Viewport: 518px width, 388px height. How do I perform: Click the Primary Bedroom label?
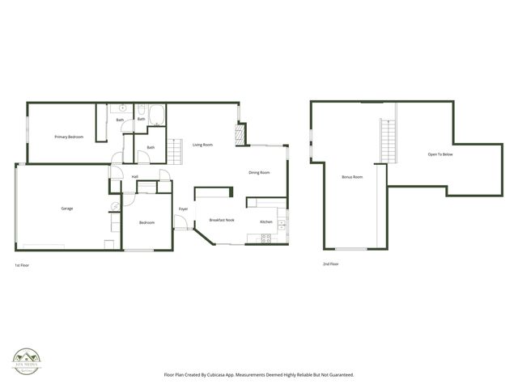tap(69, 137)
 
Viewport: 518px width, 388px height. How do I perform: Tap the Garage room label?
tap(67, 209)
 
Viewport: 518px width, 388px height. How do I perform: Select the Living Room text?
tap(202, 145)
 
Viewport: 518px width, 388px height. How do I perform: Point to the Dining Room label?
tap(259, 172)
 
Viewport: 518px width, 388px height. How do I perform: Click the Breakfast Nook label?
tap(222, 221)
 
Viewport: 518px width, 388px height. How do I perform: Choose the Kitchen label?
tap(266, 221)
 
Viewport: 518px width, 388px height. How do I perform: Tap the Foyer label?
tap(184, 209)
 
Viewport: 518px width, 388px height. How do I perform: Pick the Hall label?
tap(135, 176)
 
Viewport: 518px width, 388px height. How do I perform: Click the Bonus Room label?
tap(352, 176)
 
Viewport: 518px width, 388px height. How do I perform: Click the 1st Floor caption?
tap(23, 264)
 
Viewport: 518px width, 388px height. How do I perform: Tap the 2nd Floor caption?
tap(330, 264)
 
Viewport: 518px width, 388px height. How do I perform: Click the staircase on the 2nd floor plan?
tap(387, 139)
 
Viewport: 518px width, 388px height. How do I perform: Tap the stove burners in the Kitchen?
tap(265, 238)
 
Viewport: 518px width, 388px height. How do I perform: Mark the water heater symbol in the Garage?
tap(115, 206)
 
